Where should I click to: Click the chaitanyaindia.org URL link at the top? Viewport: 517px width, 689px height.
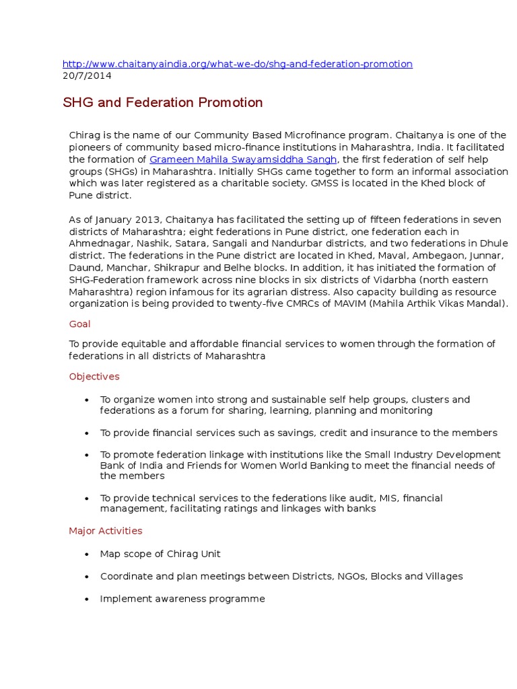237,64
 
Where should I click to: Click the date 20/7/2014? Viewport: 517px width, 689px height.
87,75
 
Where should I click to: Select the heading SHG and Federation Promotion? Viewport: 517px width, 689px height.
162,103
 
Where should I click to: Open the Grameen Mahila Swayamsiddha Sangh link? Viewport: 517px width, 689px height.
242,159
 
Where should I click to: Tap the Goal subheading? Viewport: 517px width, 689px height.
79,324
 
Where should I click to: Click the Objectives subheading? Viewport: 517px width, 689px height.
94,376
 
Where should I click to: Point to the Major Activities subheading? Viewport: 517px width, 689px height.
105,531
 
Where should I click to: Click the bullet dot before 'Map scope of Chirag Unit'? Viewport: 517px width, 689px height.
87,554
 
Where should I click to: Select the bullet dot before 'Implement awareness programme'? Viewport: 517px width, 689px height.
87,599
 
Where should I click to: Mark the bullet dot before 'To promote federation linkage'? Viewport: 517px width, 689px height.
87,456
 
